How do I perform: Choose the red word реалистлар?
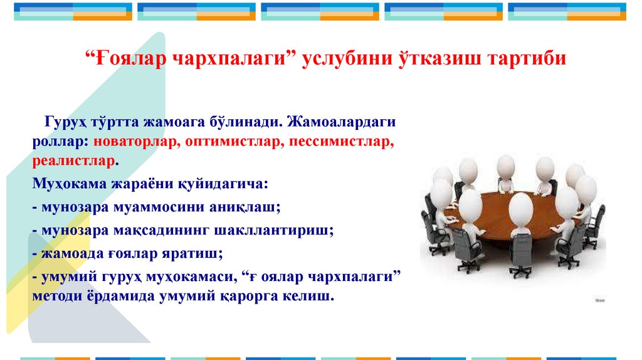click(x=75, y=161)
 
